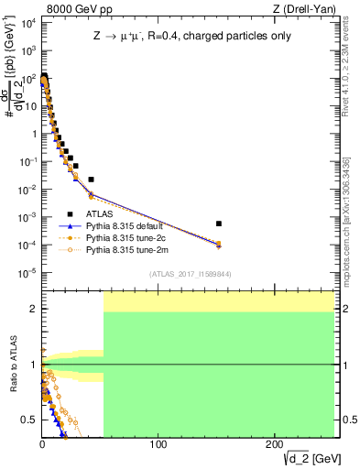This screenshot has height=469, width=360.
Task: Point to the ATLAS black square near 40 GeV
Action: (x=91, y=180)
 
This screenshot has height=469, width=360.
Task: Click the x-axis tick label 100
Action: (x=158, y=444)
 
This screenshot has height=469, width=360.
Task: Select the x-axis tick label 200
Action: (x=275, y=444)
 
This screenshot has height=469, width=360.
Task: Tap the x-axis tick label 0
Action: (x=42, y=444)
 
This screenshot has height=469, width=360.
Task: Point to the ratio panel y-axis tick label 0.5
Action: (x=28, y=420)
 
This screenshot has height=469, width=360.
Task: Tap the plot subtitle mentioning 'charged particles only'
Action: (x=188, y=38)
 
